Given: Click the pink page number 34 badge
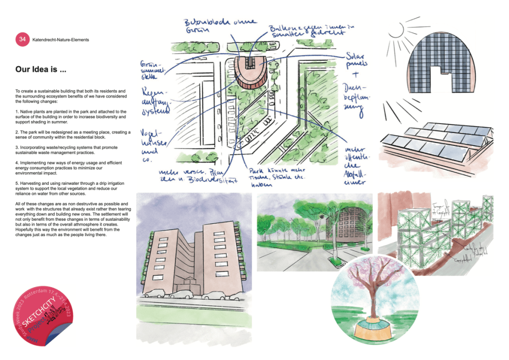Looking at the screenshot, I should click(22, 39).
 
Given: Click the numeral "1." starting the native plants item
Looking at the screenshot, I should click(17, 112).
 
